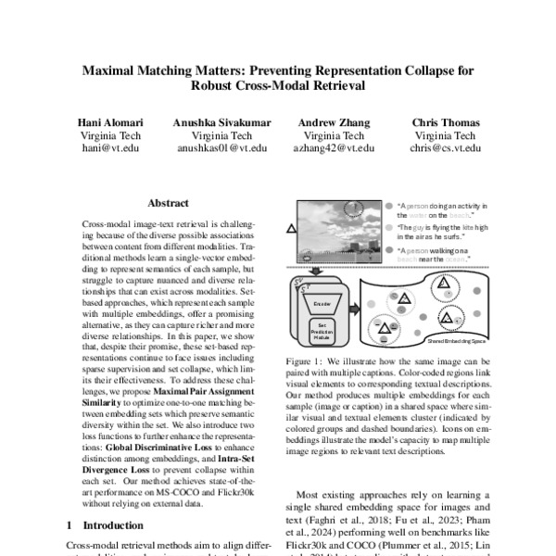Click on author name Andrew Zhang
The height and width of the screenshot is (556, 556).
pos(334,122)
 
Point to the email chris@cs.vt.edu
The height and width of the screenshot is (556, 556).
pos(446,147)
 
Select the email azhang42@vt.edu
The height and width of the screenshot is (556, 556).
pos(334,147)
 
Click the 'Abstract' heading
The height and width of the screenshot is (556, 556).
pos(168,203)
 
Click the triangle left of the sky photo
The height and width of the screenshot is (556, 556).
pos(292,228)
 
